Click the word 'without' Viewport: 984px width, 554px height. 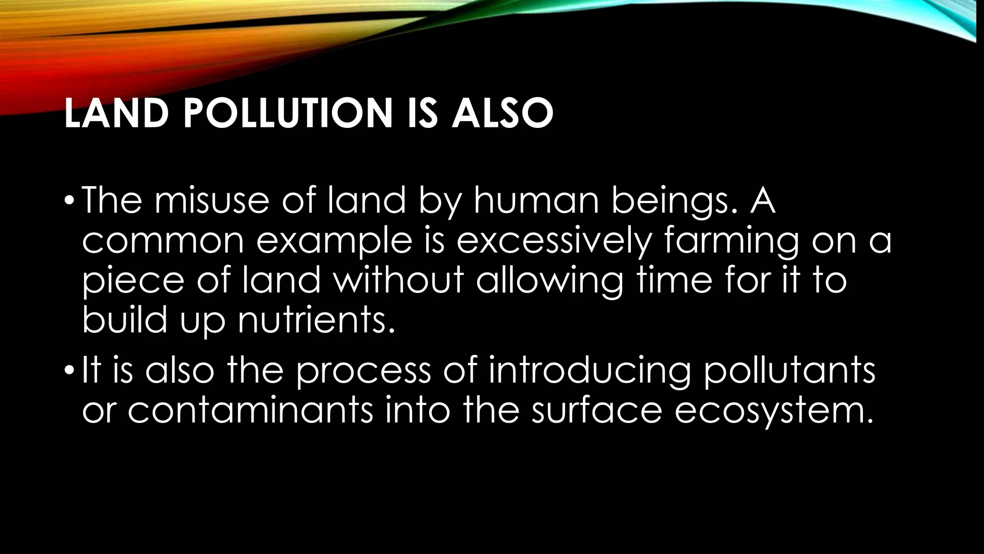point(399,280)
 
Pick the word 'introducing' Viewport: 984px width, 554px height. point(590,372)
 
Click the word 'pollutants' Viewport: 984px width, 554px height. point(789,372)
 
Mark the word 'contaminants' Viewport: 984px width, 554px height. point(250,411)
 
